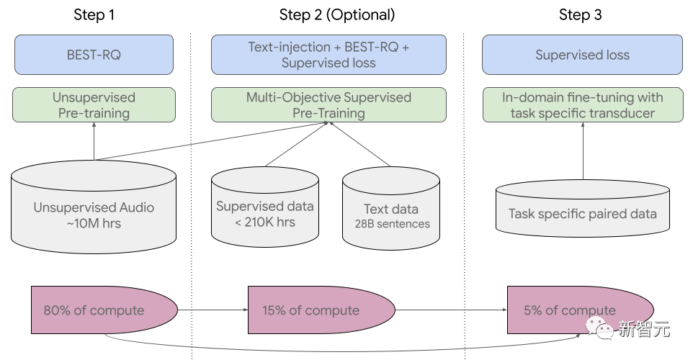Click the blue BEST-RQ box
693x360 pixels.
pos(94,55)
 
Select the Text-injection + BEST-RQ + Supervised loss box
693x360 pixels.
pos(328,55)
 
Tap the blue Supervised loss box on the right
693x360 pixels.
pos(582,55)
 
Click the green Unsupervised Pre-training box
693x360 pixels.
pos(94,105)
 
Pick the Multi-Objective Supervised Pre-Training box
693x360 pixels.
pos(328,105)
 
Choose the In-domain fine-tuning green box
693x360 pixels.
pos(582,105)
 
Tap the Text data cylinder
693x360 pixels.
pos(391,212)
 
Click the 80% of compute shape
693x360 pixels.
pos(101,310)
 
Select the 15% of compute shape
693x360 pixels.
pos(317,310)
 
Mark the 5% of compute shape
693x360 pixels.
pos(569,310)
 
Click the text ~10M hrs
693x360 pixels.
pos(94,223)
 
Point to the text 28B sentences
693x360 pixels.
pos(391,224)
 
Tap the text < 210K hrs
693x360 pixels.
pos(265,222)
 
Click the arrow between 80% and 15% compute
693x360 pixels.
pos(213,310)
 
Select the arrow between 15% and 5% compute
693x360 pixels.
pos(451,310)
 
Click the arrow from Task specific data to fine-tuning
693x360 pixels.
pos(582,151)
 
